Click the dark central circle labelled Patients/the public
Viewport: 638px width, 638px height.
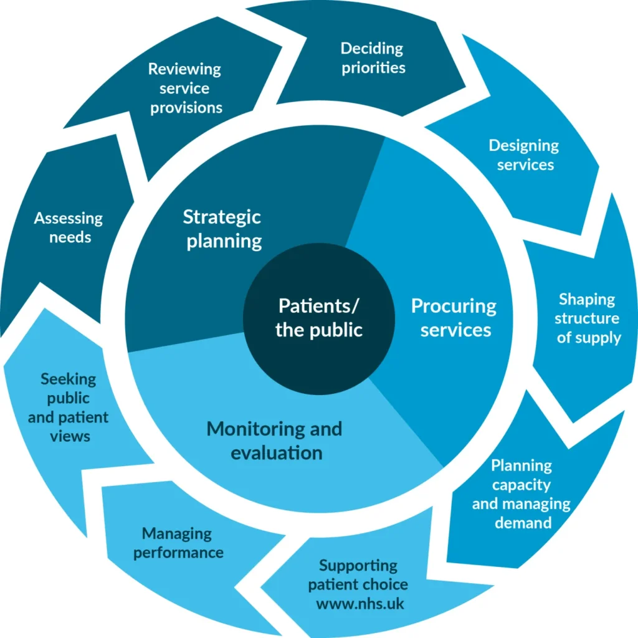318,318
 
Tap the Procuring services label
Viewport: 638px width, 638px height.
454,318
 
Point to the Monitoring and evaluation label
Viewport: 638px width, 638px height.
275,440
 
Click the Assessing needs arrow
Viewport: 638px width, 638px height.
68,227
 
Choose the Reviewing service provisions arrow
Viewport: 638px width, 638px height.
185,88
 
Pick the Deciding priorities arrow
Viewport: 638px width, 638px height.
373,58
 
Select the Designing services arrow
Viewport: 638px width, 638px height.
524,155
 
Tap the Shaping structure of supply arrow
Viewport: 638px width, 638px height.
587,318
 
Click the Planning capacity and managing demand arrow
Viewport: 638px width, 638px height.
521,494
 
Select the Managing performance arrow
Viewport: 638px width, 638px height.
178,543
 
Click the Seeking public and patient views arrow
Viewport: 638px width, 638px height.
69,407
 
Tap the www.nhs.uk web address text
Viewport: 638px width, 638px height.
360,604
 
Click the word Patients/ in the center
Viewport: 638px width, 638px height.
318,306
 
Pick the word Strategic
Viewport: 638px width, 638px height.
222,217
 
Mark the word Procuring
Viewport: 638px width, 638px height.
454,306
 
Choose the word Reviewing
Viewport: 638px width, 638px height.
184,69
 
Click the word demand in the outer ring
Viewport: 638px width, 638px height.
523,523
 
